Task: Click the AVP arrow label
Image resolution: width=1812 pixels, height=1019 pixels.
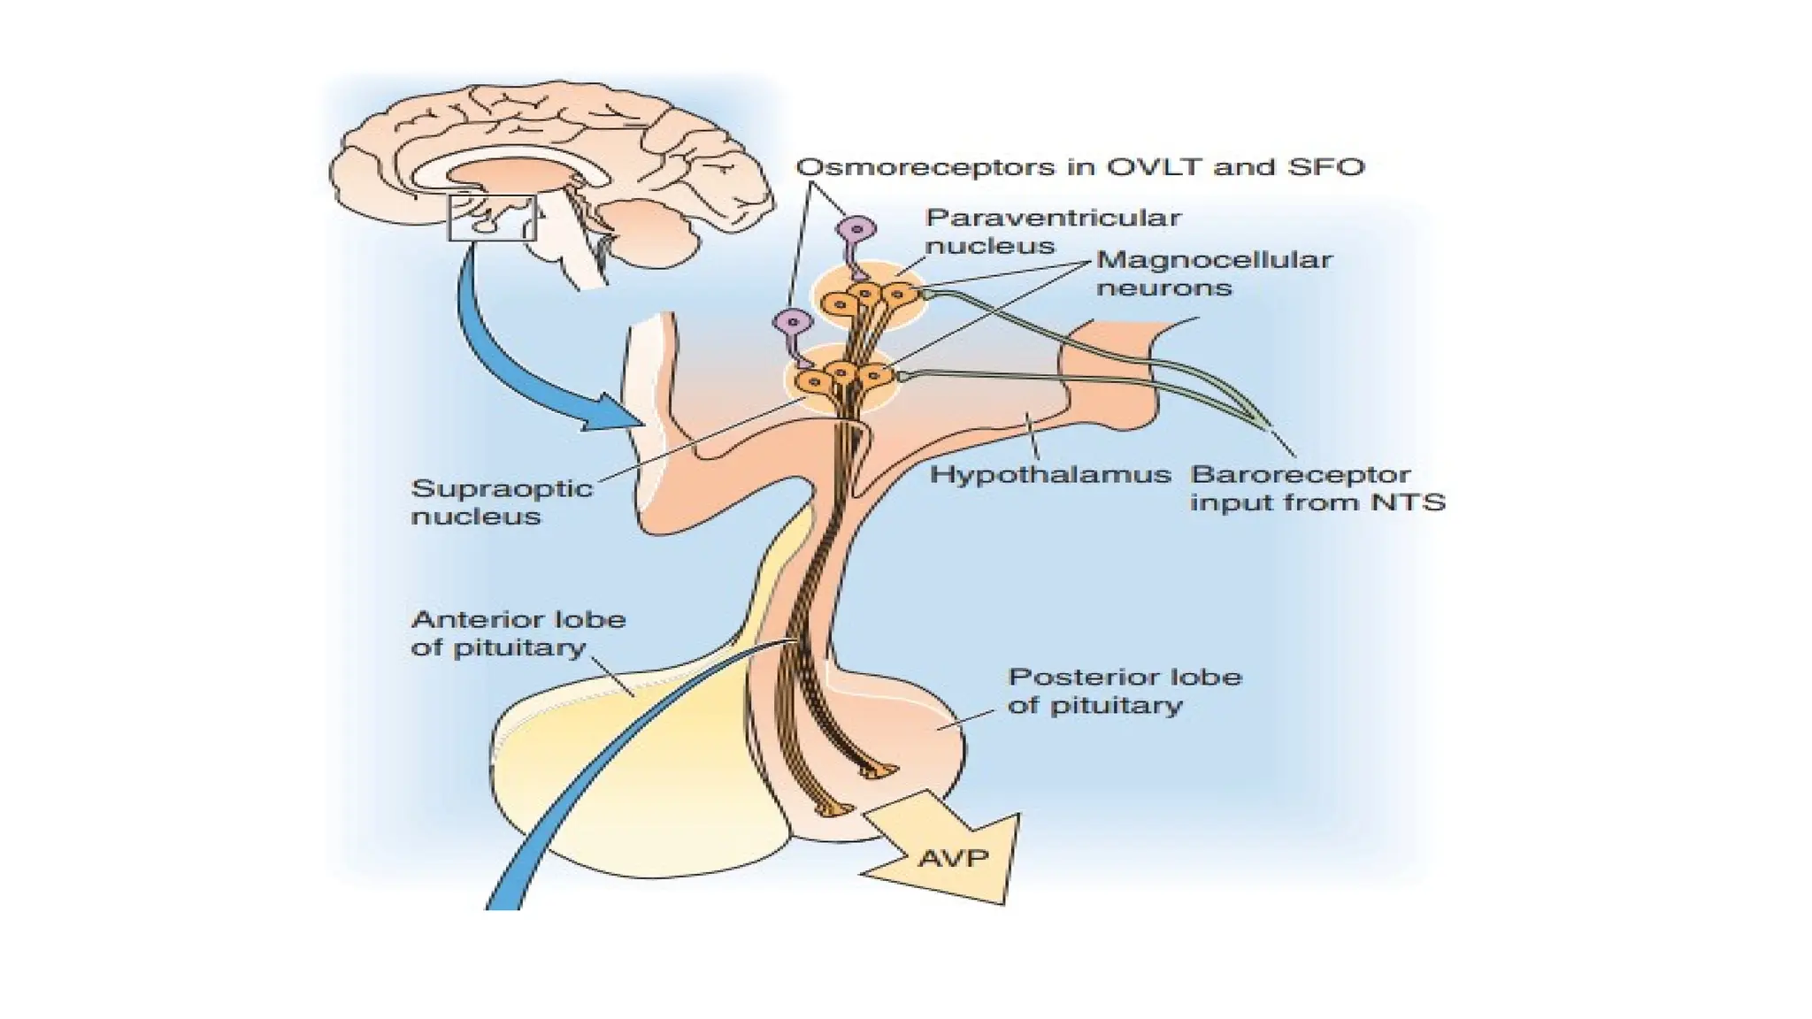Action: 953,857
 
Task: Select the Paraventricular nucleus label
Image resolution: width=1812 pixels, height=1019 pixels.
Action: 1052,232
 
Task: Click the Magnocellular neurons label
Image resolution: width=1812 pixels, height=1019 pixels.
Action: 1213,273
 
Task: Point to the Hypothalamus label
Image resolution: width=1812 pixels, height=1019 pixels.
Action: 1050,475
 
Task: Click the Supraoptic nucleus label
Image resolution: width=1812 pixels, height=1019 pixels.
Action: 501,502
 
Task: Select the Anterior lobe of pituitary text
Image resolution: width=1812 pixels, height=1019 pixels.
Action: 518,633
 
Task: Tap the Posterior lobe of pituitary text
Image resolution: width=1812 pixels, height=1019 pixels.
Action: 1124,691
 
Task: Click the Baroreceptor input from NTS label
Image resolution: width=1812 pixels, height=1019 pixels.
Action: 1316,488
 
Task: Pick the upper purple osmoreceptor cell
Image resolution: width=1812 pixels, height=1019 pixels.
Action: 856,230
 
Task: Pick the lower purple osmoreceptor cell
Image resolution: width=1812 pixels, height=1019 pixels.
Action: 792,323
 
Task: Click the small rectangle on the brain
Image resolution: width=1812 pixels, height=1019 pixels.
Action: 492,218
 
